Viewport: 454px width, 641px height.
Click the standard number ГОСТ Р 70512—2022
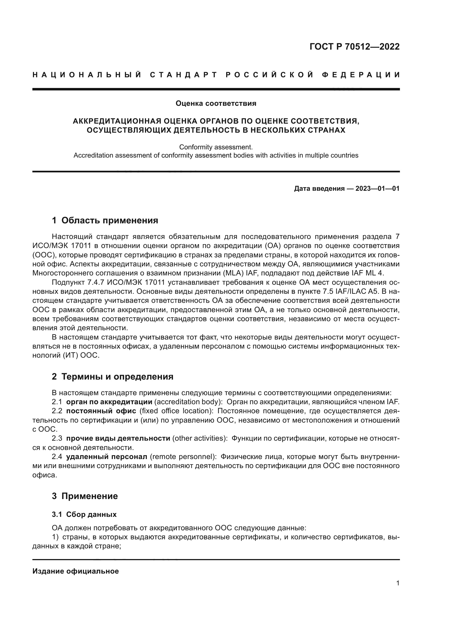point(354,47)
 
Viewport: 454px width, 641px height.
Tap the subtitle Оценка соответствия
point(216,104)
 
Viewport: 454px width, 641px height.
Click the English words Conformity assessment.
point(216,147)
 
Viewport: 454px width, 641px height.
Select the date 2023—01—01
point(377,189)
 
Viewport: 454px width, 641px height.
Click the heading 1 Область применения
point(105,221)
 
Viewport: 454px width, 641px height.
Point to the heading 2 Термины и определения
point(112,377)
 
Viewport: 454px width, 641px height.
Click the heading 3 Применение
point(85,496)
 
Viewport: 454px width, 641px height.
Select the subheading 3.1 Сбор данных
point(84,515)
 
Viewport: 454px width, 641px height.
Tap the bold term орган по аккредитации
point(109,402)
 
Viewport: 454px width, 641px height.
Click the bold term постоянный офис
point(101,411)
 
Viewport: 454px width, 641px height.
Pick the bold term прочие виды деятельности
point(118,438)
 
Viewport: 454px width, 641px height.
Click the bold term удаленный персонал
point(107,457)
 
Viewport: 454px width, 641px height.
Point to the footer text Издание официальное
point(75,571)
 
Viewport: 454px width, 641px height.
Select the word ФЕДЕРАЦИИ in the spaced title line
point(361,75)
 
